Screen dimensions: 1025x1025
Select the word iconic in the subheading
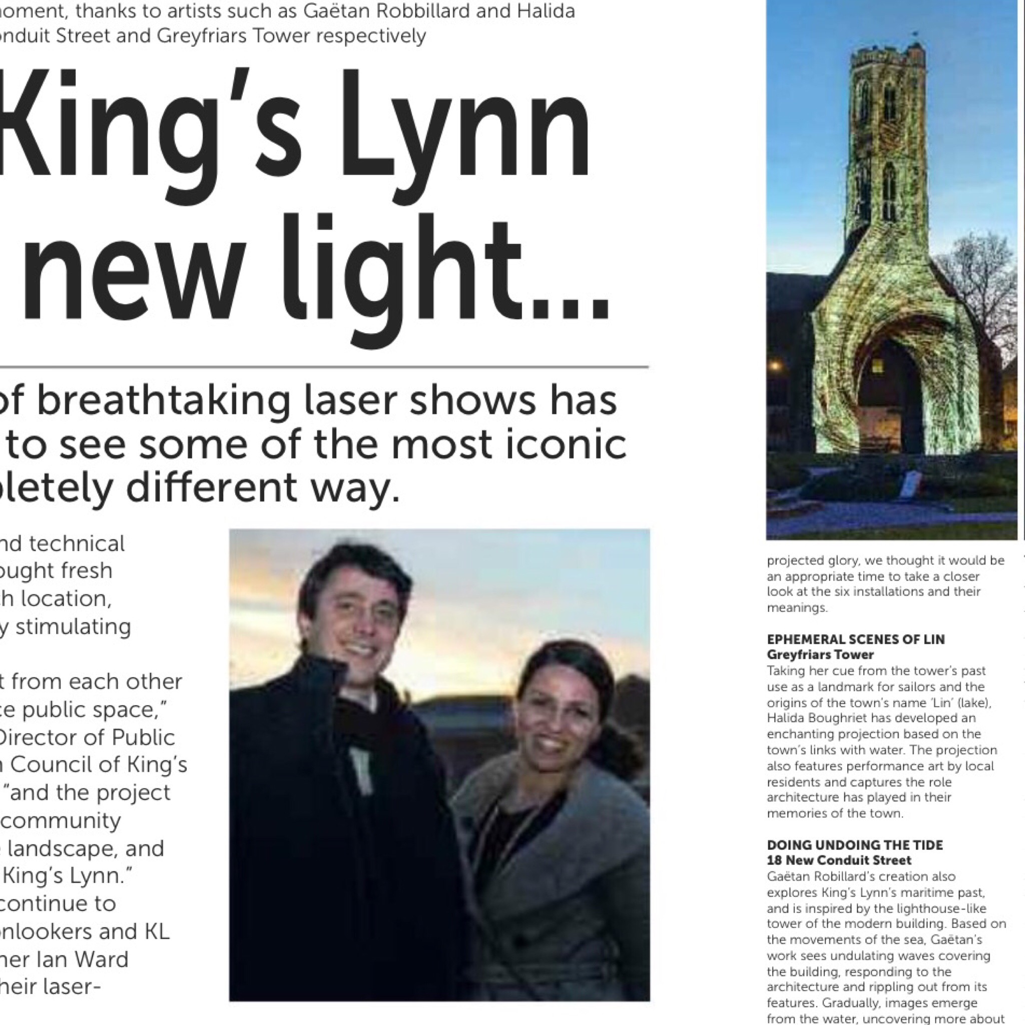click(566, 444)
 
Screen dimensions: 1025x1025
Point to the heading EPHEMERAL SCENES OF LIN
click(856, 639)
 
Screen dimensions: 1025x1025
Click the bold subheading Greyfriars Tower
click(820, 655)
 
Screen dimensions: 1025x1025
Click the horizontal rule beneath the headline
click(324, 366)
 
